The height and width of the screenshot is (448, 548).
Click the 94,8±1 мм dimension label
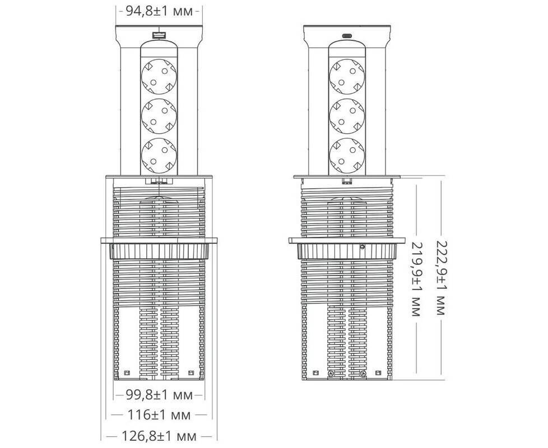(x=159, y=11)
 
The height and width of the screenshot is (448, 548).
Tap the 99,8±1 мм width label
(x=159, y=395)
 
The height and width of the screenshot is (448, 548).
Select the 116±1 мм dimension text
(x=159, y=415)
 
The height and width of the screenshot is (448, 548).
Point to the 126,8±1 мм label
(x=159, y=436)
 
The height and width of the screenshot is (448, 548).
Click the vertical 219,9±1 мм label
(x=416, y=279)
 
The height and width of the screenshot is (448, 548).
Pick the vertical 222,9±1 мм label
(x=442, y=278)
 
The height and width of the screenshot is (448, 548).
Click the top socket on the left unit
(x=159, y=77)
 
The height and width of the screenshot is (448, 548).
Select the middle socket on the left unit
(x=159, y=116)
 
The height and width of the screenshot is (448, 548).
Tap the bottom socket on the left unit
(x=159, y=156)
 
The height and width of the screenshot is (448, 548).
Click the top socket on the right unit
(x=347, y=77)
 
